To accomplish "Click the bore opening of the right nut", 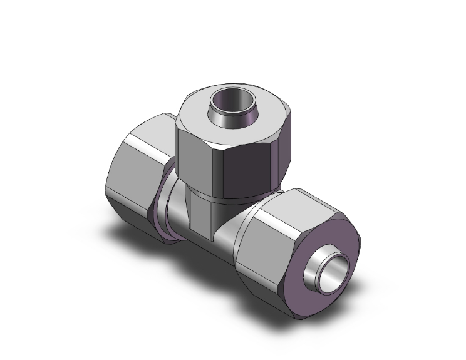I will pyautogui.click(x=328, y=270).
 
